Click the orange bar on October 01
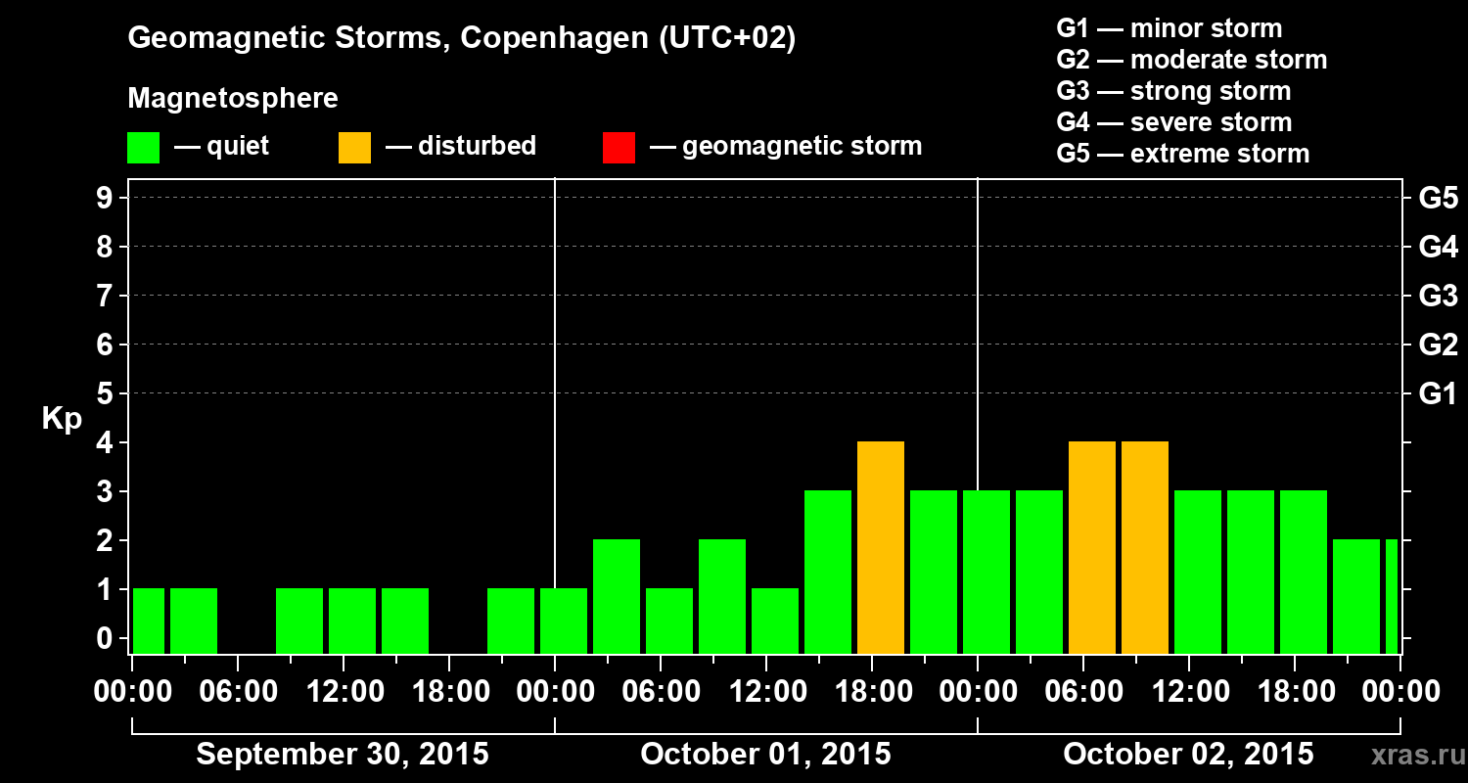coord(880,547)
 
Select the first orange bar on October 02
coord(1091,547)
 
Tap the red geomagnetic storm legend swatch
coord(619,147)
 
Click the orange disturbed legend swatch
coord(354,147)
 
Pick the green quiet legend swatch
coord(143,147)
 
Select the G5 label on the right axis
coord(1438,198)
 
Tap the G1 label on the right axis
coord(1438,393)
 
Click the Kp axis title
coord(62,419)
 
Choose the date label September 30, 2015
coord(343,755)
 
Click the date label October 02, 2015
coord(1188,755)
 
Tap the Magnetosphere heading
coord(233,99)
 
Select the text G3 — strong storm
coord(1173,91)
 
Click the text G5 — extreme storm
coord(1182,154)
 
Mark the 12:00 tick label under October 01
coord(766,692)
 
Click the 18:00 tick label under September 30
coord(449,692)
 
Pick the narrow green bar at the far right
coord(1391,596)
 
